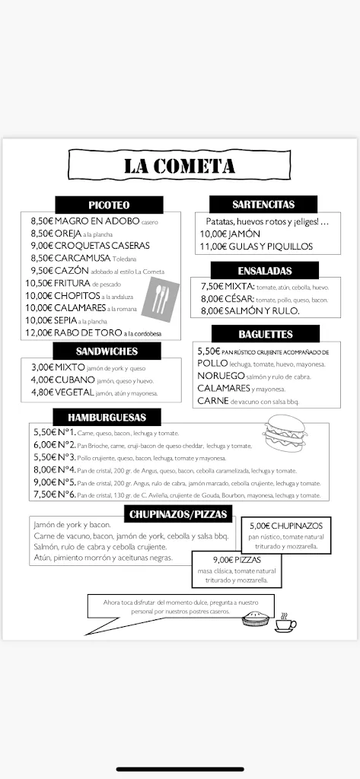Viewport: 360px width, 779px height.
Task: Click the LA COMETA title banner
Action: click(x=180, y=166)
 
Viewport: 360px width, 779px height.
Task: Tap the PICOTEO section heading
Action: click(x=109, y=205)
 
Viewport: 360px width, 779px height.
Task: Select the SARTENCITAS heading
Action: click(x=263, y=204)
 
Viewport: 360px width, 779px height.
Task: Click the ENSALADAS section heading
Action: click(x=263, y=270)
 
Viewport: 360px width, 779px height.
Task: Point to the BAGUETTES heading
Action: click(x=266, y=334)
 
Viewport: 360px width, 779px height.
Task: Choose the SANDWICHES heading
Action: click(x=107, y=351)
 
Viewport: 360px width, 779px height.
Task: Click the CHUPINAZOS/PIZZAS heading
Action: click(x=178, y=514)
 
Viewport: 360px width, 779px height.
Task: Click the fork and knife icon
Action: click(x=161, y=298)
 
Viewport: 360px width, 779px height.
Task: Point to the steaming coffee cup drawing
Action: click(x=285, y=622)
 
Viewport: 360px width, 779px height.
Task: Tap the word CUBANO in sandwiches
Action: click(x=74, y=380)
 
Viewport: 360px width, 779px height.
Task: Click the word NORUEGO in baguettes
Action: click(x=221, y=376)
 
